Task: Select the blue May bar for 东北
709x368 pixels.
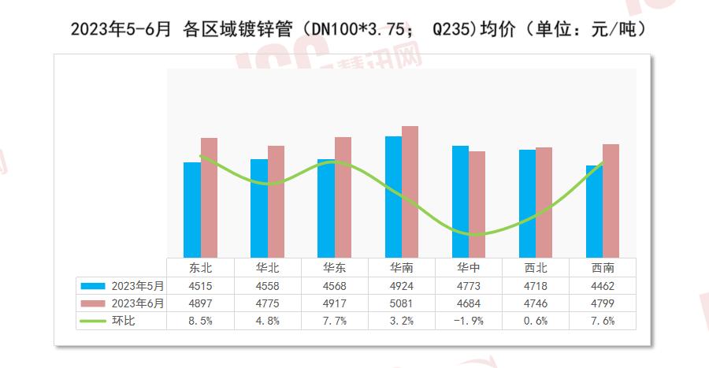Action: [191, 209]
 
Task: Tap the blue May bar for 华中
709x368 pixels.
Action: [460, 201]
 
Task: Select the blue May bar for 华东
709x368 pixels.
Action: [325, 207]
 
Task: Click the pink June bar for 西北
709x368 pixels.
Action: [544, 202]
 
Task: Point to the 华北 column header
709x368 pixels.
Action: [267, 267]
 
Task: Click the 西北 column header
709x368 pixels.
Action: [535, 267]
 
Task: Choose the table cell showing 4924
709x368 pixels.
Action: [401, 285]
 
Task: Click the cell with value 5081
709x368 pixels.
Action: [401, 303]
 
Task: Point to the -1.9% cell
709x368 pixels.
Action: [468, 321]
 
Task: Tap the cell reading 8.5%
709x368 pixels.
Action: [200, 321]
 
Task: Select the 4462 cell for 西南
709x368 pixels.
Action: [602, 285]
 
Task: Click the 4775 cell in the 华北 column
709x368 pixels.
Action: [267, 303]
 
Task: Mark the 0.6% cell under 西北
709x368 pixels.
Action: [535, 321]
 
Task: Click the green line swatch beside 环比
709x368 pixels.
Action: [93, 321]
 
